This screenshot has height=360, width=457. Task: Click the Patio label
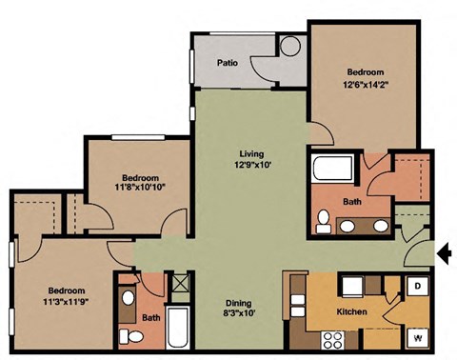pyautogui.click(x=227, y=63)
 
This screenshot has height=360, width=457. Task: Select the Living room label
pyautogui.click(x=250, y=153)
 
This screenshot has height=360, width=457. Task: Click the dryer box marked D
pyautogui.click(x=417, y=287)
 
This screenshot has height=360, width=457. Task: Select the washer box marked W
pyautogui.click(x=417, y=336)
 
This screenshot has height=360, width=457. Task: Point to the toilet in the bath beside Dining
pyautogui.click(x=135, y=337)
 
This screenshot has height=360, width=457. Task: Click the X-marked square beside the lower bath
pyautogui.click(x=178, y=283)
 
